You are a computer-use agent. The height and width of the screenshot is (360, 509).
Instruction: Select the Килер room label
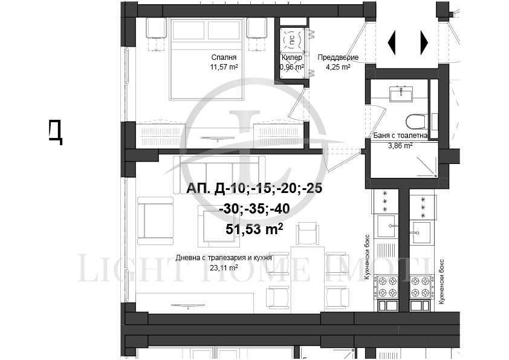291,57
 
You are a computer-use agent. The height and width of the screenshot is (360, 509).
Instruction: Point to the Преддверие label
339,57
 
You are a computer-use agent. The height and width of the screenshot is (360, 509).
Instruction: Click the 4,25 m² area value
339,67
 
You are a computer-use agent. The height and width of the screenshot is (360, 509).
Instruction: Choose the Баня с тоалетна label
400,136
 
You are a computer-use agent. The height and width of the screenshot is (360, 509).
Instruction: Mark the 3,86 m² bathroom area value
400,146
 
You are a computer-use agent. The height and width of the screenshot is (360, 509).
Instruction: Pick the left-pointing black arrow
392,43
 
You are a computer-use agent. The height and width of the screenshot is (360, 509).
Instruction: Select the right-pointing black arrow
424,43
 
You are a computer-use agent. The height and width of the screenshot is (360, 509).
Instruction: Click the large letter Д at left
56,131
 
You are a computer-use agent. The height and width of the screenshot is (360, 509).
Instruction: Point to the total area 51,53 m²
254,229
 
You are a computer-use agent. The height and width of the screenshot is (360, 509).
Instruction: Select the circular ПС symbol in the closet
291,41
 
